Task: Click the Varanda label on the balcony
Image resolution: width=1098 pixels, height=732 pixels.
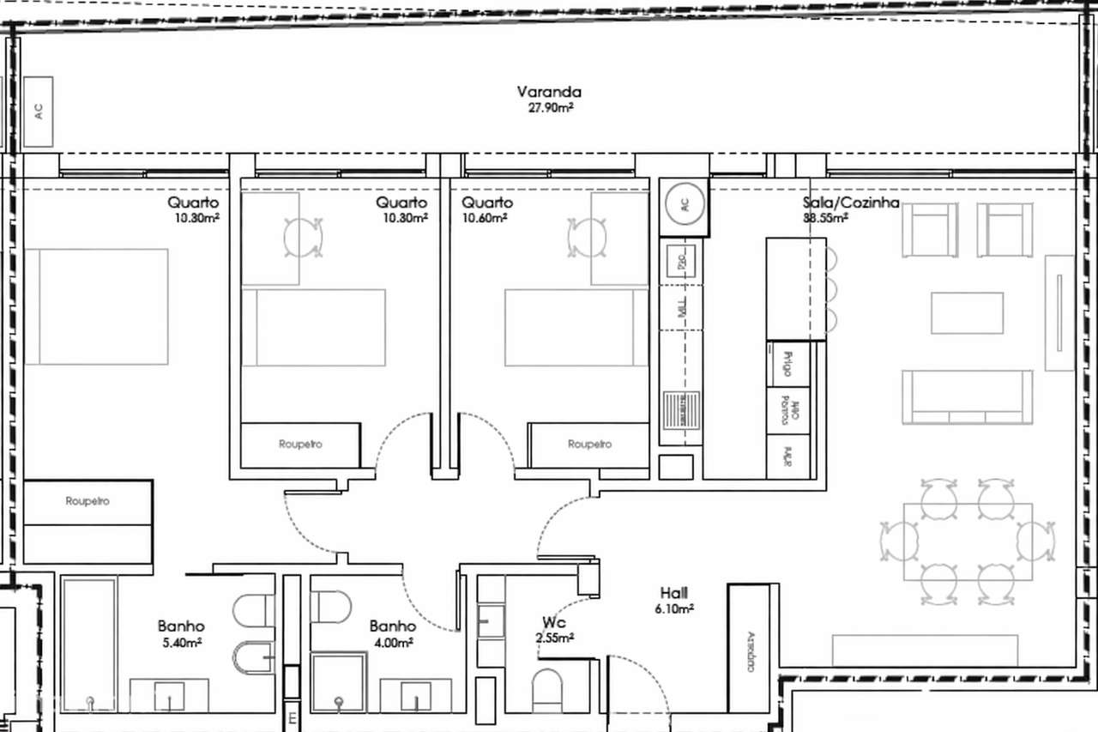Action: click(549, 92)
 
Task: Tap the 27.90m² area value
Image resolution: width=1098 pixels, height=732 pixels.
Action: click(549, 107)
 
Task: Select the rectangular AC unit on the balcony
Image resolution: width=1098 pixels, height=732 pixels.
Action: click(39, 110)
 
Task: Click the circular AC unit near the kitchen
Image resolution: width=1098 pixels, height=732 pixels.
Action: click(684, 206)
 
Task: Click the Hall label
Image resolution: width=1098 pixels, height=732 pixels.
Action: click(674, 593)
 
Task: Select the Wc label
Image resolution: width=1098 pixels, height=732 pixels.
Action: click(553, 621)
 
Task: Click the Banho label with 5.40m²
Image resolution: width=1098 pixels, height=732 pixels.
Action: click(180, 626)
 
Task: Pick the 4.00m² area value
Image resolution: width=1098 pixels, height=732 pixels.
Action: click(394, 641)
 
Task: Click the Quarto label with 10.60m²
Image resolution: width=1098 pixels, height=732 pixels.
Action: click(487, 203)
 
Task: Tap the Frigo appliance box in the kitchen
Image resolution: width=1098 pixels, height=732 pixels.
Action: click(780, 364)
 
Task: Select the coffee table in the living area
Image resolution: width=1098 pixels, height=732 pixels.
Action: click(967, 313)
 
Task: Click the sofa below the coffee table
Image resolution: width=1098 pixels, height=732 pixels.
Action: click(967, 396)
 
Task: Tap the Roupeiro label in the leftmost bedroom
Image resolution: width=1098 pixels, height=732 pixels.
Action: click(87, 501)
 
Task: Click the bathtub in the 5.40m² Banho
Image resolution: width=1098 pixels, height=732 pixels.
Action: click(89, 644)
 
